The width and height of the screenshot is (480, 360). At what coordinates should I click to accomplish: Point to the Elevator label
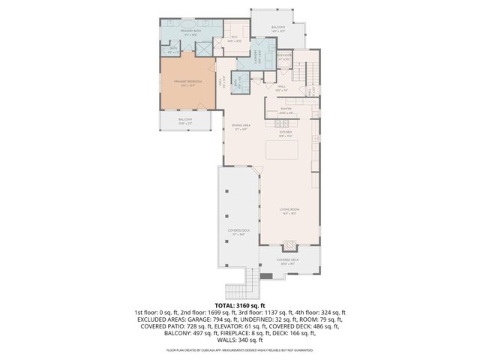pos(283,56)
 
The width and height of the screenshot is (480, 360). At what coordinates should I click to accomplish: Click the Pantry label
pos(286,109)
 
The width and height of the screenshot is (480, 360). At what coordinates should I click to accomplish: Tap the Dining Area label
pos(241,127)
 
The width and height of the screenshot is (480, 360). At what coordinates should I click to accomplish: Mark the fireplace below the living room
pos(289,246)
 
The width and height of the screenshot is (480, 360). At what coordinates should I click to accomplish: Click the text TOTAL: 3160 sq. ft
pos(240,306)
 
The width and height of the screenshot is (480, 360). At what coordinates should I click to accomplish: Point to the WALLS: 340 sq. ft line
pos(240,338)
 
